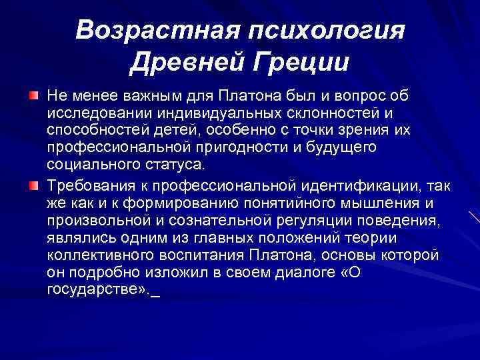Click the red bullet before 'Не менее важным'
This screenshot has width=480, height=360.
point(33,97)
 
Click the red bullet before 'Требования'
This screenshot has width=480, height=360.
point(33,184)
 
